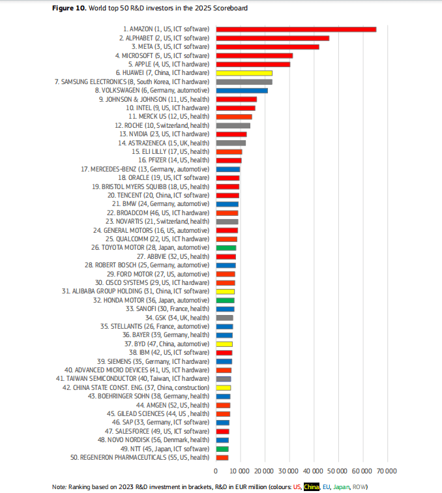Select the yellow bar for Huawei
click(x=244, y=73)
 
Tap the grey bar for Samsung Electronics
click(x=244, y=82)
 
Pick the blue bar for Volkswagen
click(x=242, y=90)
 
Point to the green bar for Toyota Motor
click(x=226, y=248)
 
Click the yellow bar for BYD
click(x=224, y=344)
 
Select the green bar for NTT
click(x=222, y=449)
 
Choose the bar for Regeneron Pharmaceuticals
click(x=222, y=458)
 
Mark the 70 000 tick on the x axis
click(x=385, y=471)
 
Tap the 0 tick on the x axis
click(x=216, y=471)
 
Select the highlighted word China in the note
click(x=313, y=486)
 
